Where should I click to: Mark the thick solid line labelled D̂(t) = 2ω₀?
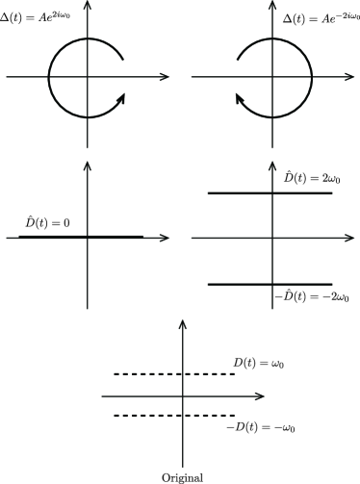click(x=270, y=193)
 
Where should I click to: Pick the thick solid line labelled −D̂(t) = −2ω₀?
click(x=270, y=284)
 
